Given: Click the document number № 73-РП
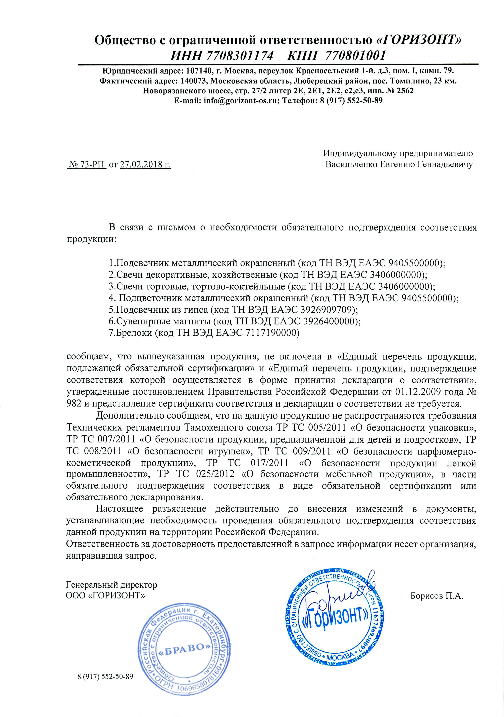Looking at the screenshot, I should (x=87, y=165).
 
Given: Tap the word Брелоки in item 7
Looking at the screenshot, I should (x=134, y=333).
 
